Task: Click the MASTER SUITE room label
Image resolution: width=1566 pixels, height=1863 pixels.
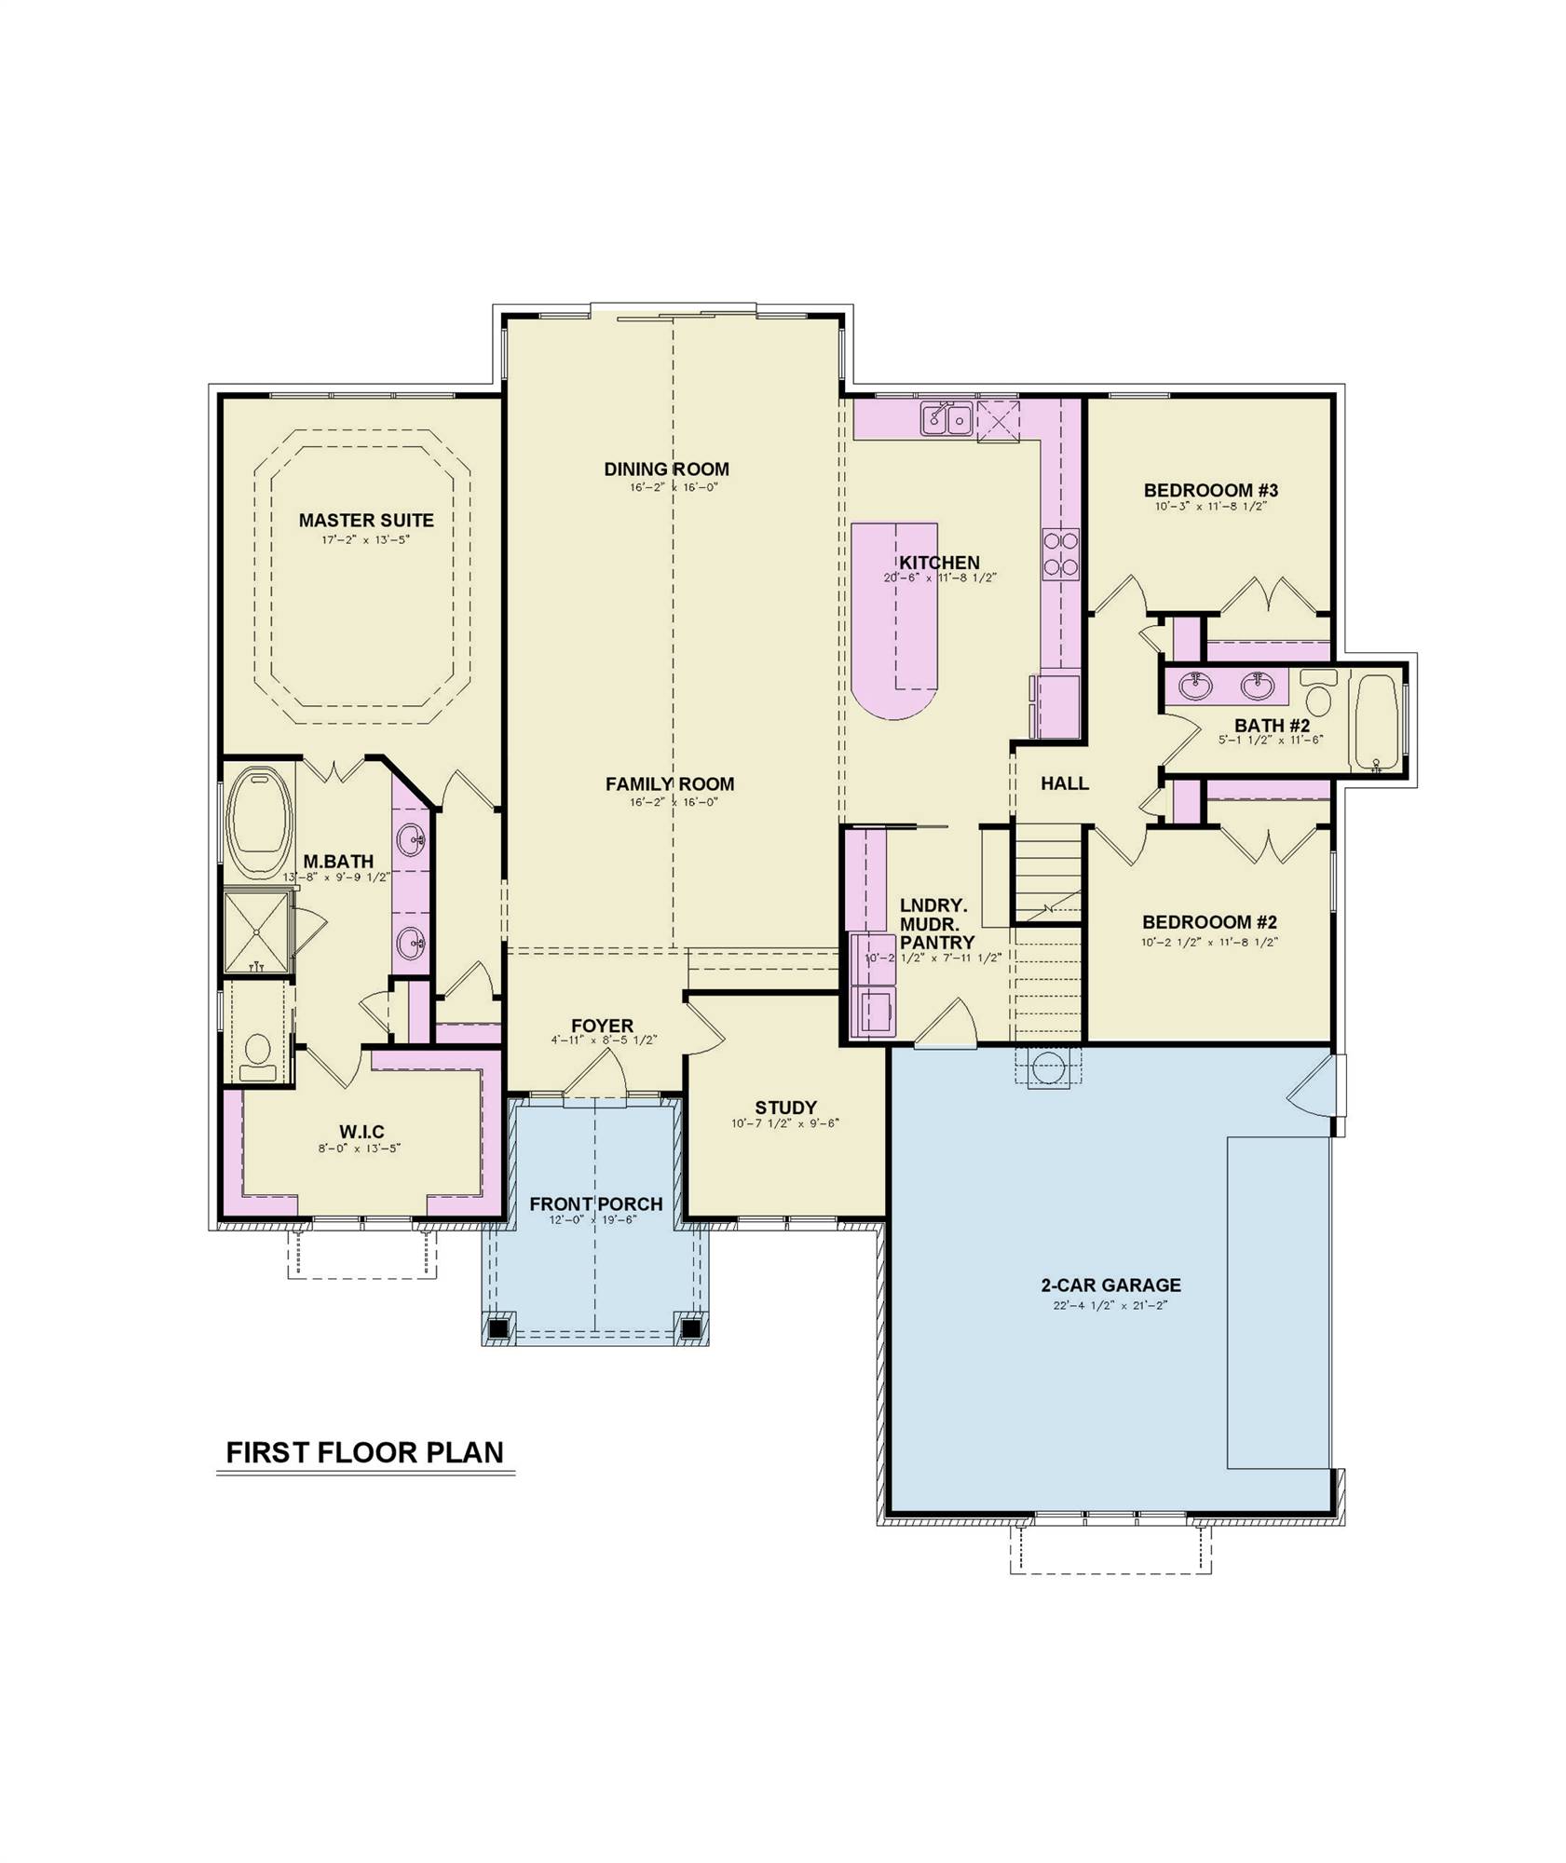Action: pyautogui.click(x=365, y=520)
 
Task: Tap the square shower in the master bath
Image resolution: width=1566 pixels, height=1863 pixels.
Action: pyautogui.click(x=256, y=931)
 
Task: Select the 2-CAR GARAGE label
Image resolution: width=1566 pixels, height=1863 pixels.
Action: pyautogui.click(x=1110, y=1285)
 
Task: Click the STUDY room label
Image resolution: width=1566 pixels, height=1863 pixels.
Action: pyautogui.click(x=785, y=1107)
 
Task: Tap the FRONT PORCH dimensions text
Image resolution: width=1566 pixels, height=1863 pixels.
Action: pyautogui.click(x=592, y=1219)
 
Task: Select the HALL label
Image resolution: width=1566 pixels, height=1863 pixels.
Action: pyautogui.click(x=1064, y=783)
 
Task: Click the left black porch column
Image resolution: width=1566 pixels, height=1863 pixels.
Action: pyautogui.click(x=500, y=1326)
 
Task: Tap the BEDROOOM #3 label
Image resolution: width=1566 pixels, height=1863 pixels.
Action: pyautogui.click(x=1210, y=490)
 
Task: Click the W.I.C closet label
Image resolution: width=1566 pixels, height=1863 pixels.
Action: pyautogui.click(x=361, y=1132)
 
